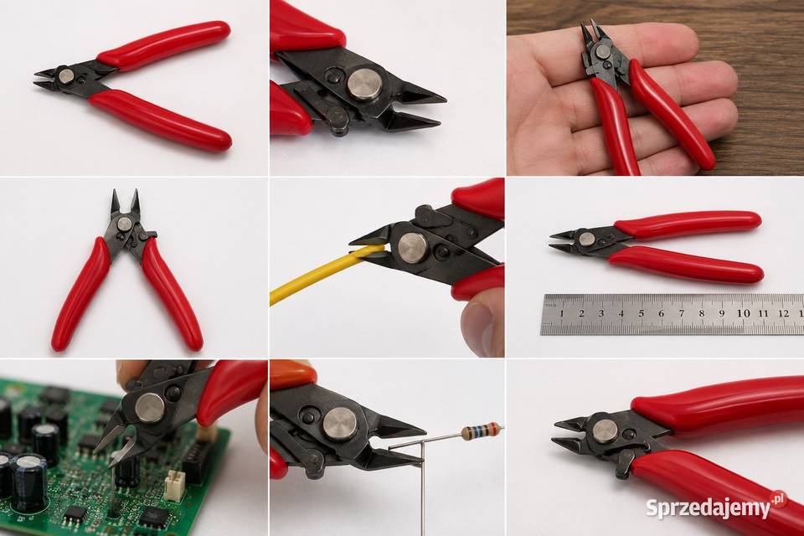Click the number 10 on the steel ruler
pyautogui.click(x=744, y=313)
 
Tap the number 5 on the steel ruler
pyautogui.click(x=642, y=313)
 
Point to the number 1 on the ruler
pyautogui.click(x=562, y=313)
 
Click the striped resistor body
pyautogui.click(x=480, y=431)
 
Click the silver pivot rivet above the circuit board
pyautogui.click(x=150, y=408)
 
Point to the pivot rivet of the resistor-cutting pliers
pyautogui.click(x=340, y=425)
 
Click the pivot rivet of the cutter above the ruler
pyautogui.click(x=586, y=239)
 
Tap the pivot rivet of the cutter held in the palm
pyautogui.click(x=602, y=51)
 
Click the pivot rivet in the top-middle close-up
pyautogui.click(x=365, y=84)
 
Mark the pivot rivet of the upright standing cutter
pyautogui.click(x=125, y=224)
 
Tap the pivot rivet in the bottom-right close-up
pyautogui.click(x=605, y=430)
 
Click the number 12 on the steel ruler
pyautogui.click(x=783, y=313)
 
